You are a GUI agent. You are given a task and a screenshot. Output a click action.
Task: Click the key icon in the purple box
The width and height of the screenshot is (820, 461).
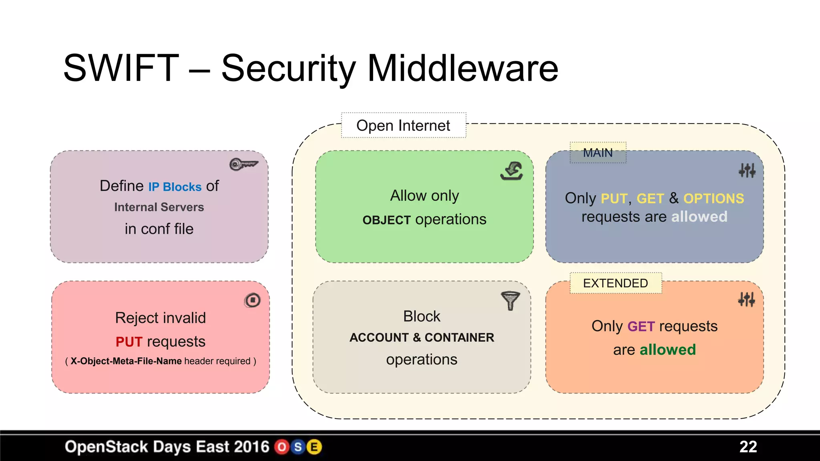tap(243, 164)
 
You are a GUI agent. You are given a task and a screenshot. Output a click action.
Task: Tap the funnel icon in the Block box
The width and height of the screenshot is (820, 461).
tap(510, 301)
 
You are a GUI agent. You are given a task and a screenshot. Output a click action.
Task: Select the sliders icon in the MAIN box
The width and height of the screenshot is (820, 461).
tap(747, 170)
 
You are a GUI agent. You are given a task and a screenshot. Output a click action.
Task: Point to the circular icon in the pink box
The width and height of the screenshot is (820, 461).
tap(253, 300)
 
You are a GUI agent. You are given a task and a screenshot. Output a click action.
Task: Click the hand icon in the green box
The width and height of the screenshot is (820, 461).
tap(512, 171)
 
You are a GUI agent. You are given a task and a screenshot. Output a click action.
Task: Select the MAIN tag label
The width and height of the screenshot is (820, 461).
tap(598, 153)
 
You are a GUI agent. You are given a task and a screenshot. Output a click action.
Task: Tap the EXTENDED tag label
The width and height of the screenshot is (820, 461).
tap(615, 283)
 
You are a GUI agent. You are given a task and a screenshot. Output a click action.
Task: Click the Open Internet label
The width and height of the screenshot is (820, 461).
tap(403, 126)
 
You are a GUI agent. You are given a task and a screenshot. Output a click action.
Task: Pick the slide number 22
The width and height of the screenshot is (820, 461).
tap(748, 447)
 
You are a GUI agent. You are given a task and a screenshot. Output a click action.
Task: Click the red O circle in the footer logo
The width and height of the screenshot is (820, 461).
tap(282, 447)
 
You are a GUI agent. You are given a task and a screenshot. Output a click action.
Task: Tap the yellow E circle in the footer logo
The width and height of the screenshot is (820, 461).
tap(314, 447)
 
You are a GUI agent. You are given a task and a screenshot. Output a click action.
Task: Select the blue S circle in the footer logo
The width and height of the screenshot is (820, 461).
tap(298, 447)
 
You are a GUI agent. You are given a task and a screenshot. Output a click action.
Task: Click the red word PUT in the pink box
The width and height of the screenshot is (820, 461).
tap(129, 342)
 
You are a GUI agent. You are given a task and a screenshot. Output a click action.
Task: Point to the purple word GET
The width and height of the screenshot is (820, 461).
tap(641, 327)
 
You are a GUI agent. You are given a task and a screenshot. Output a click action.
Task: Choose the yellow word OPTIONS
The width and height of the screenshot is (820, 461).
tap(713, 198)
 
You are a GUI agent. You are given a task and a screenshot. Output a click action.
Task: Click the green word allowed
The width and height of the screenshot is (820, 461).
tap(668, 350)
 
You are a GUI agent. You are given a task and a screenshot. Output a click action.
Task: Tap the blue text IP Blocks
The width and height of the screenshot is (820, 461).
tap(175, 187)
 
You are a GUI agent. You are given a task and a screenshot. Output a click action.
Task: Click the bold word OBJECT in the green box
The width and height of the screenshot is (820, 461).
tap(386, 220)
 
